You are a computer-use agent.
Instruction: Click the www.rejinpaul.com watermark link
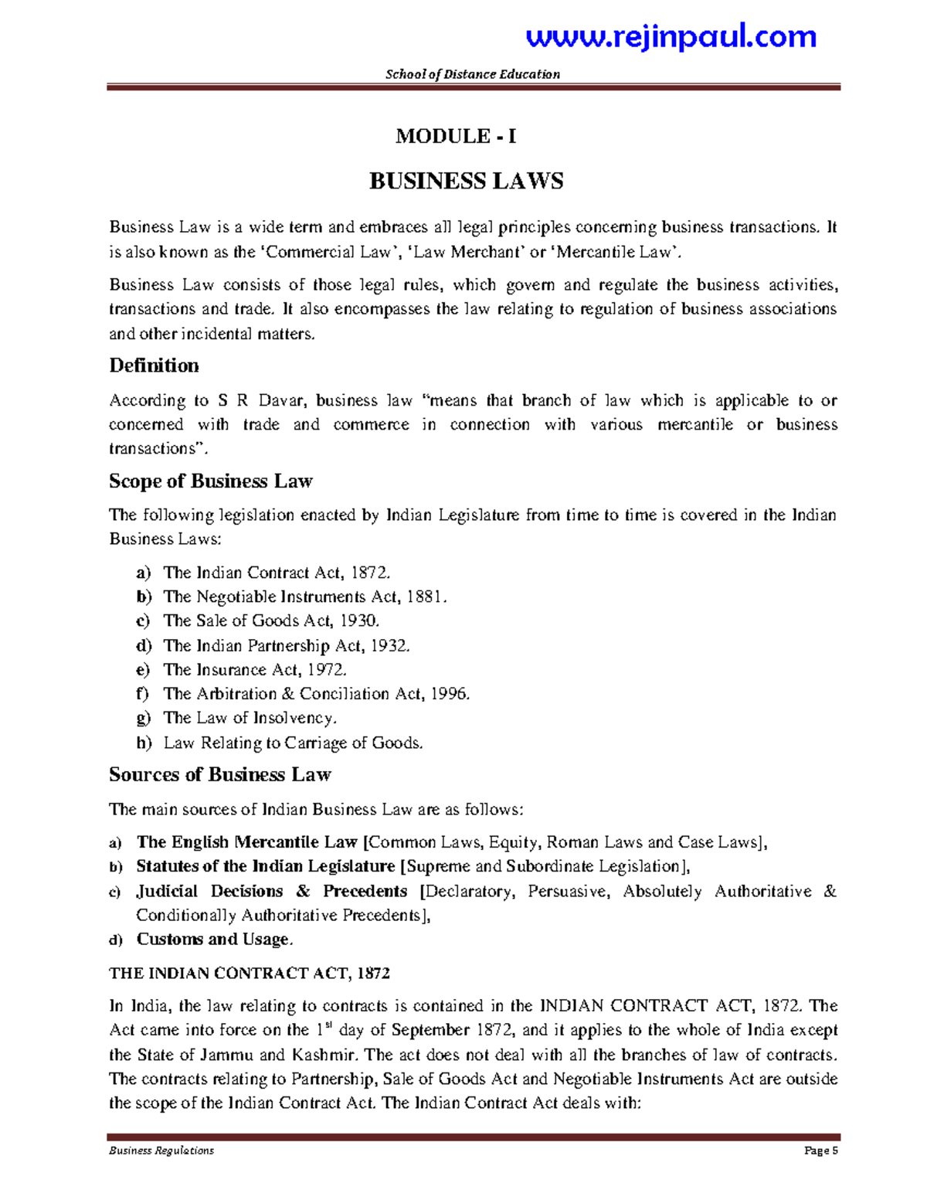pyautogui.click(x=671, y=36)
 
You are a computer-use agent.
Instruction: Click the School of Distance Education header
pyautogui.click(x=473, y=74)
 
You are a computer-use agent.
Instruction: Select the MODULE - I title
pyautogui.click(x=456, y=137)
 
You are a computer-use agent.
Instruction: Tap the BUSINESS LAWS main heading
pyautogui.click(x=466, y=182)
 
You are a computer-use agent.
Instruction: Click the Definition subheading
pyautogui.click(x=154, y=365)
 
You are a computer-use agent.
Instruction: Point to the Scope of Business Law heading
pyautogui.click(x=210, y=481)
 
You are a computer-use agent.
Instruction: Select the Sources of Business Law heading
pyautogui.click(x=219, y=775)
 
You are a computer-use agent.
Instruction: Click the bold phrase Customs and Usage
pyautogui.click(x=213, y=940)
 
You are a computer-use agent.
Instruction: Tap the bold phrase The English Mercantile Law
pyautogui.click(x=246, y=842)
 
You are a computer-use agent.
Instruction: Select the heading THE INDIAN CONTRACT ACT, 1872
pyautogui.click(x=249, y=974)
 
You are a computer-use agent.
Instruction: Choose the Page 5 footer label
pyautogui.click(x=820, y=1151)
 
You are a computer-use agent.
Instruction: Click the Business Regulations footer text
pyautogui.click(x=161, y=1151)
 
